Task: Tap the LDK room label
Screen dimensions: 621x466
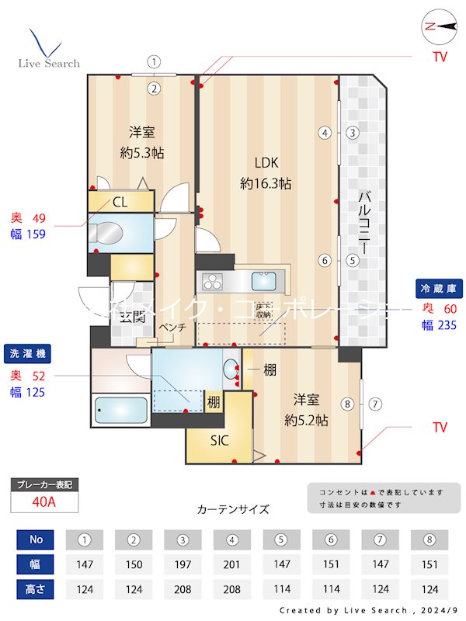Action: click(x=266, y=162)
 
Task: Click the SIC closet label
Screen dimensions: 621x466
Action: click(x=220, y=439)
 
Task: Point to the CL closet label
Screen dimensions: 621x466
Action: click(x=120, y=203)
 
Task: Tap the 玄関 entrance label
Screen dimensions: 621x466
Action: click(x=133, y=316)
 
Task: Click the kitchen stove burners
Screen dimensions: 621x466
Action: click(x=212, y=280)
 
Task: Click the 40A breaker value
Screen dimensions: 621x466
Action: click(x=44, y=501)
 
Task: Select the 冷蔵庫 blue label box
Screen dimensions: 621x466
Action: click(x=439, y=287)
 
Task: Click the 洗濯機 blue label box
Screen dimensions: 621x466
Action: click(x=26, y=354)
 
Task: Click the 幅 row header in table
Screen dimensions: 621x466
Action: click(x=36, y=564)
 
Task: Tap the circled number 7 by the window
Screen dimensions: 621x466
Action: click(x=375, y=404)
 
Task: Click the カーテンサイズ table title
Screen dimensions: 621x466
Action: click(x=233, y=509)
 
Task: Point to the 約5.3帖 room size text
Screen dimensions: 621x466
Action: click(x=142, y=153)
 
